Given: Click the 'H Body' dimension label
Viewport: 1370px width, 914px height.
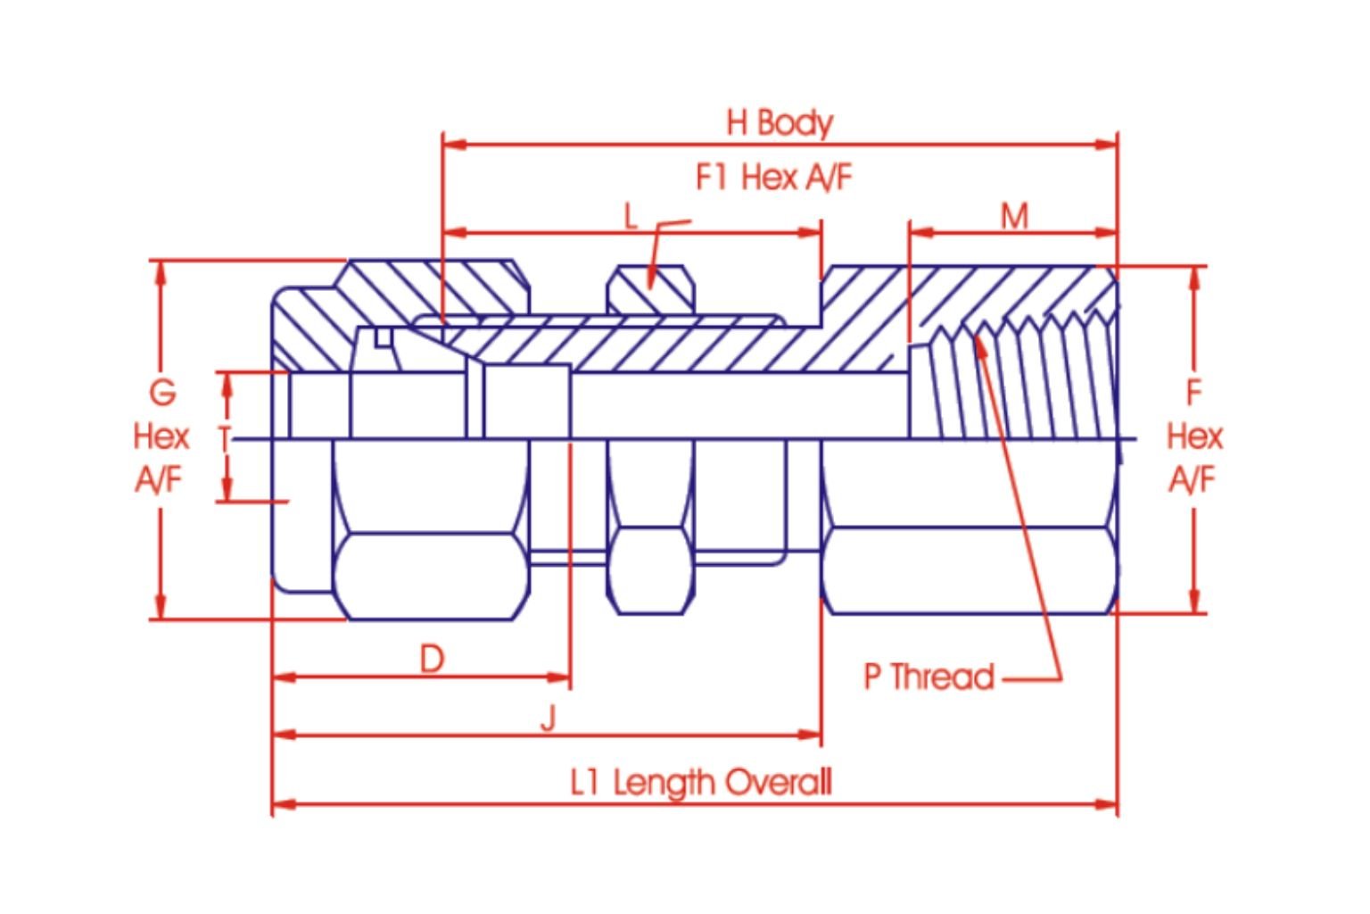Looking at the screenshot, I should (x=779, y=122).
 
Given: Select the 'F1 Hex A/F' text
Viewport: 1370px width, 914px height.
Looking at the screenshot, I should (x=773, y=178).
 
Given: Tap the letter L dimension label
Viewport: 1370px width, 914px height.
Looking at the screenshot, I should (x=631, y=217).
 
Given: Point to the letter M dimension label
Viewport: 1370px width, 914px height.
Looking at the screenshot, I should (x=1014, y=216).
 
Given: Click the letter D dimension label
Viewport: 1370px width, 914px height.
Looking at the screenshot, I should (x=432, y=660).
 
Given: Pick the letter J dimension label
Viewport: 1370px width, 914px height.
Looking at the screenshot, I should (x=549, y=718).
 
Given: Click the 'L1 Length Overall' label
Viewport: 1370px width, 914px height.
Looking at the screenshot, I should (x=701, y=783).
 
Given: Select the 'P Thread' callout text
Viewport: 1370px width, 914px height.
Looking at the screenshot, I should (x=928, y=677).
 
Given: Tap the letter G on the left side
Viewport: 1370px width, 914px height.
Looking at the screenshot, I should (x=161, y=393).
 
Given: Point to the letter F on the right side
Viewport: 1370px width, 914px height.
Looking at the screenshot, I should (x=1193, y=393).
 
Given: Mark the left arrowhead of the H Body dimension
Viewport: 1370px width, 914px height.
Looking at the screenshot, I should (x=453, y=144).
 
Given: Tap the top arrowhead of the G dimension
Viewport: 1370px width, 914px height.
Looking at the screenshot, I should (x=161, y=271).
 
